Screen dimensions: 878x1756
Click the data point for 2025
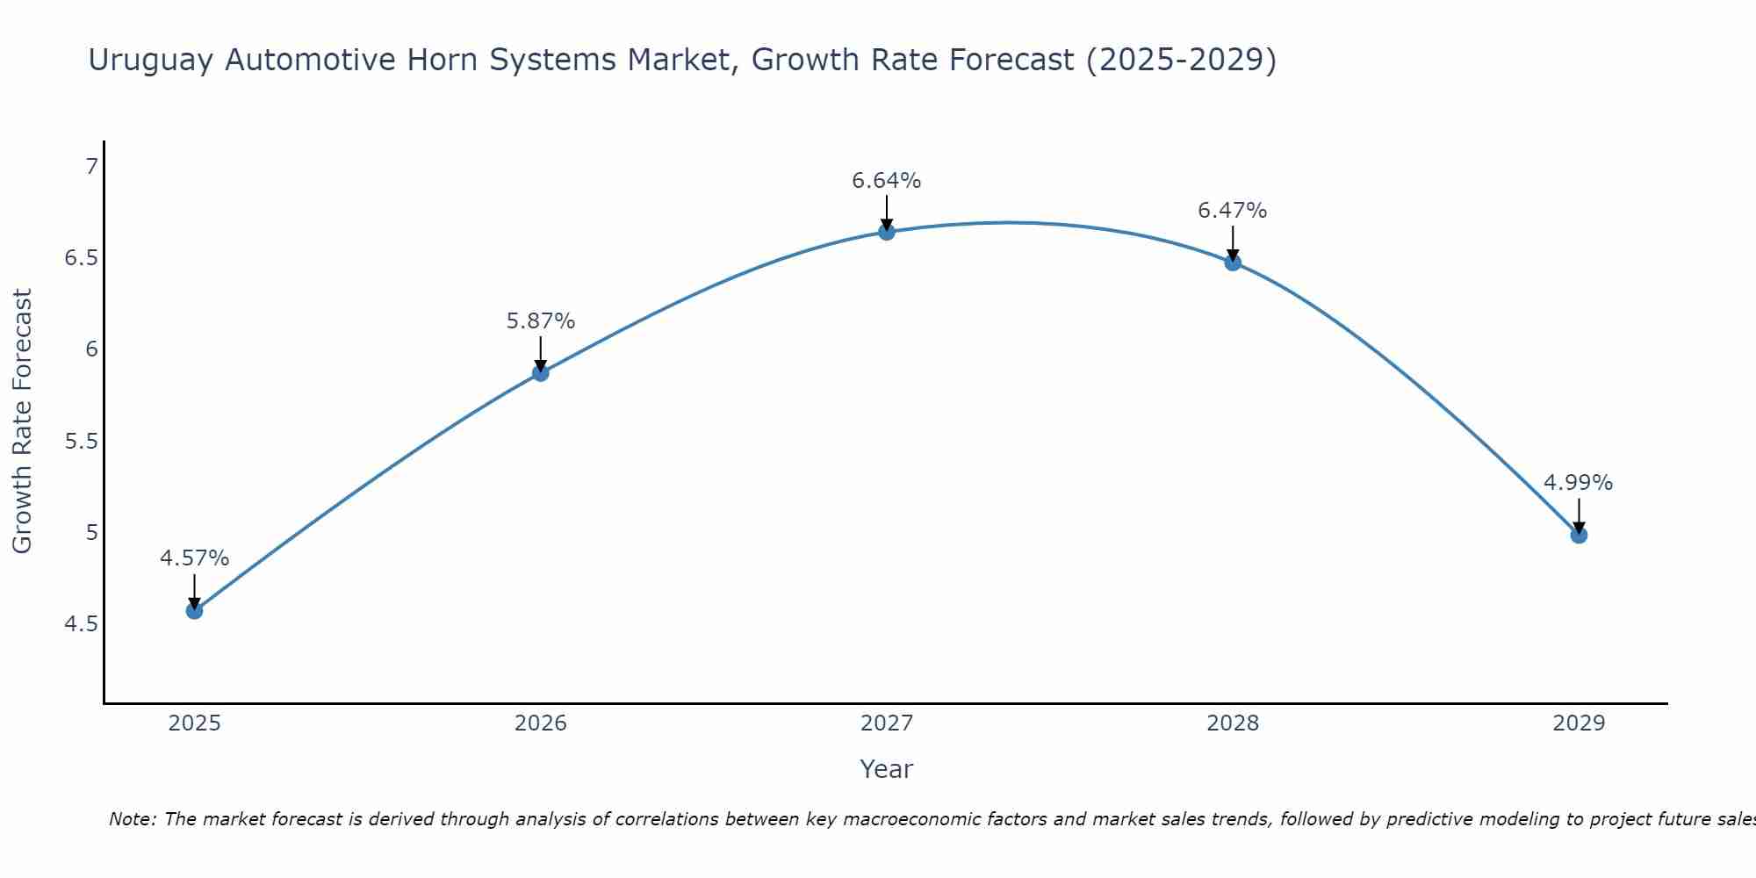(194, 610)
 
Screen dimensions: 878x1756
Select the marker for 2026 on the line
(540, 373)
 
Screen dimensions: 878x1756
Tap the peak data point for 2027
(886, 232)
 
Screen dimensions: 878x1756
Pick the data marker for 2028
(1232, 263)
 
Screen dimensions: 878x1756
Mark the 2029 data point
(1578, 535)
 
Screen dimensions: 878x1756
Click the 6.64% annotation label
(886, 181)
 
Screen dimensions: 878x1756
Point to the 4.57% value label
(194, 558)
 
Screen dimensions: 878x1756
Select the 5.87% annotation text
(540, 321)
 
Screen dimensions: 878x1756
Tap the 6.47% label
(1232, 211)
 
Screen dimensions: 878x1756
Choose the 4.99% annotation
(1578, 483)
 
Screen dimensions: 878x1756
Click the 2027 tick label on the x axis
(886, 723)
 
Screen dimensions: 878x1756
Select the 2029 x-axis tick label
(1578, 723)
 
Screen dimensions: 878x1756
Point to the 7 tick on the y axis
(91, 166)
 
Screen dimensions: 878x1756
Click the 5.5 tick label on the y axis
(81, 441)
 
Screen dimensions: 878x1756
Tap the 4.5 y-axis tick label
(81, 624)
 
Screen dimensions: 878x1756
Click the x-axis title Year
(886, 769)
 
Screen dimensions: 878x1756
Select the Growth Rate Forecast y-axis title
(22, 421)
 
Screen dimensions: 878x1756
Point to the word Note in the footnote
(131, 819)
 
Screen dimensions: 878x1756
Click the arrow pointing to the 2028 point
(1232, 243)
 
